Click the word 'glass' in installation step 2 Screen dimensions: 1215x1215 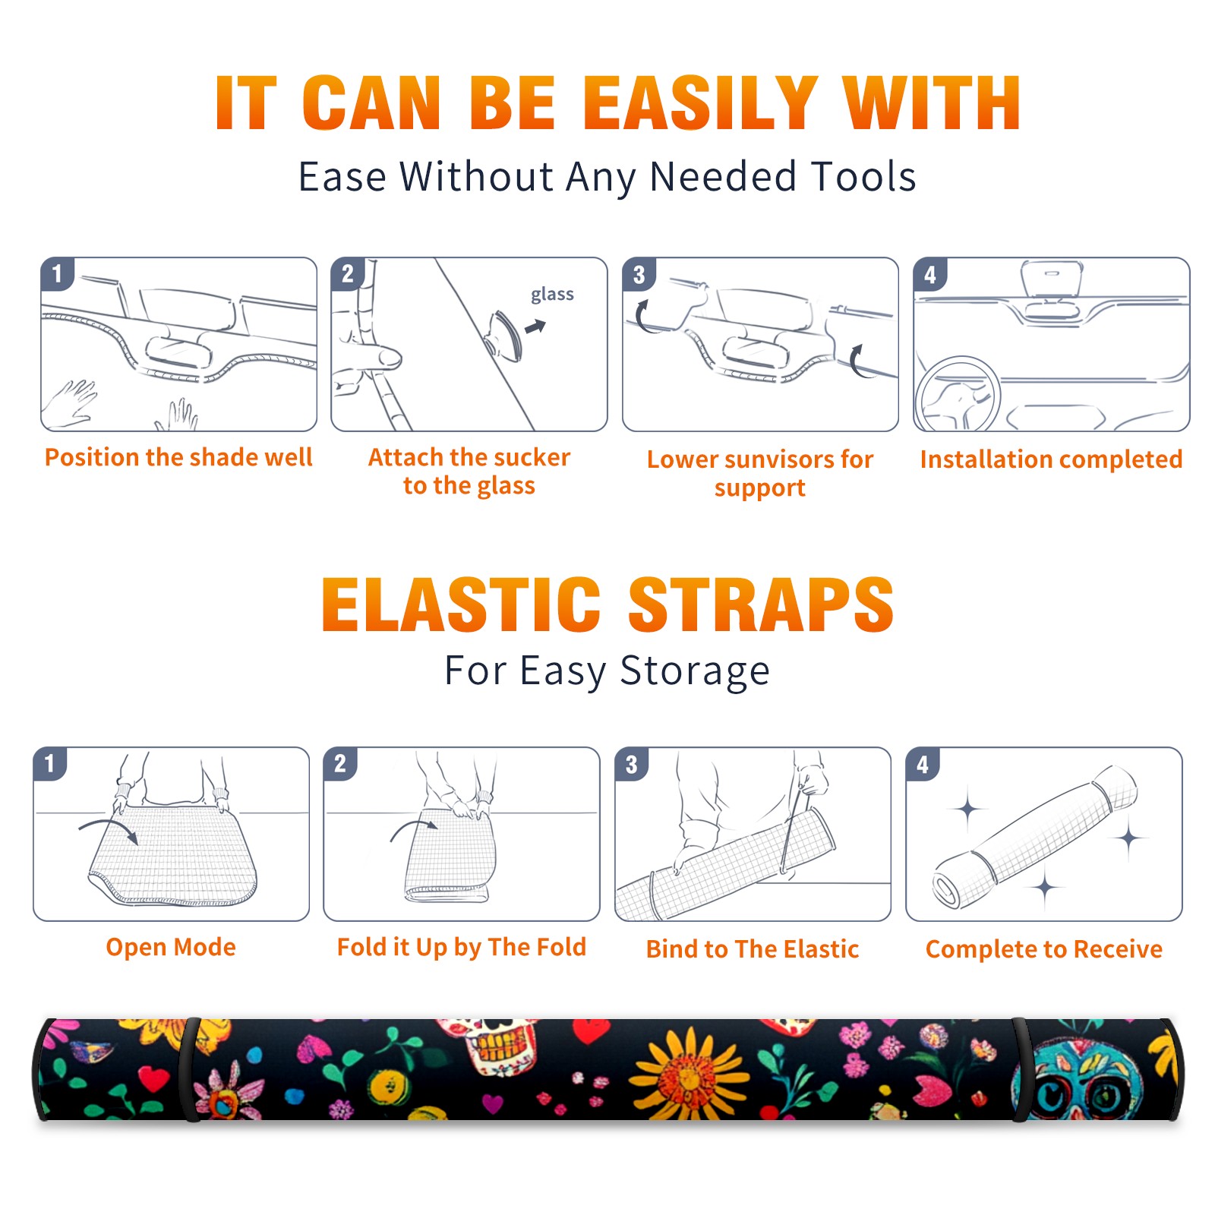[x=552, y=295]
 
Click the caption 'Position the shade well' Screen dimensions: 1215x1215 [x=178, y=457]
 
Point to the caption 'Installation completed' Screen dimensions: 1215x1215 [x=1051, y=459]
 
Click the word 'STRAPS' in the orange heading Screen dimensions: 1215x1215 [x=761, y=604]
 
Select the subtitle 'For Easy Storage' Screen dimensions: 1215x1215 [x=607, y=671]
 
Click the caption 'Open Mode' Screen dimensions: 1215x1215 [x=171, y=947]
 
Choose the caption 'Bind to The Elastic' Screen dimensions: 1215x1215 [x=753, y=949]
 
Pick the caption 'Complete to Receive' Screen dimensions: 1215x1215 [x=1044, y=949]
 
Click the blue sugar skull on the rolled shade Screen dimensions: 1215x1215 [x=1078, y=1078]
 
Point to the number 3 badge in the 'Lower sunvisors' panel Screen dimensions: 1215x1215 [x=639, y=275]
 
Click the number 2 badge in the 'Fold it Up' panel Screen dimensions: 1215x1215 [x=340, y=764]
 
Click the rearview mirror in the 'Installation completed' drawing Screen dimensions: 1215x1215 [x=1052, y=279]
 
